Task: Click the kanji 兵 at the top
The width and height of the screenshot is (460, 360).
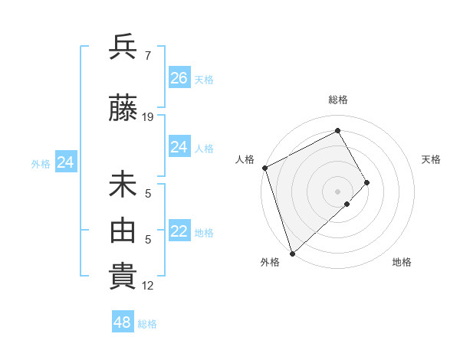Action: [x=123, y=47]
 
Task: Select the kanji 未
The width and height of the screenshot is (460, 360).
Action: [x=123, y=186]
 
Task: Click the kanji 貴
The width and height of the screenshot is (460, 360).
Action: [x=123, y=277]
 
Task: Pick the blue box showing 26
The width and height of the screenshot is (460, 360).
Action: [x=179, y=78]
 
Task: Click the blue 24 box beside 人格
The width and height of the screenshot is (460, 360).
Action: [x=179, y=147]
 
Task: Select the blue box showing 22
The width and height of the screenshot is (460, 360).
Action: [x=179, y=232]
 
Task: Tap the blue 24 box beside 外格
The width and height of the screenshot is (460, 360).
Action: [x=66, y=162]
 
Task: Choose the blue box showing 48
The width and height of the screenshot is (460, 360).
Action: [x=123, y=322]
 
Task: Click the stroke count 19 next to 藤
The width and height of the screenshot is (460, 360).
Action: [x=148, y=116]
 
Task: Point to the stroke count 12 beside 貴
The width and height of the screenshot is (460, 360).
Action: [x=148, y=286]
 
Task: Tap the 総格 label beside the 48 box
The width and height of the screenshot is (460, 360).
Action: [x=147, y=324]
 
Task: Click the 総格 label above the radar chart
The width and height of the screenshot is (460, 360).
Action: [x=337, y=100]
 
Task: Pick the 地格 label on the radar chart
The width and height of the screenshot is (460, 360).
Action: [x=402, y=262]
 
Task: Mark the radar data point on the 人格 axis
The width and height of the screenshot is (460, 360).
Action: [x=264, y=168]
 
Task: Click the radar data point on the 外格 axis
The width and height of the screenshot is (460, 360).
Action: [x=291, y=253]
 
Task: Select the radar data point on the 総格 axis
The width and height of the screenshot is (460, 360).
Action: [x=337, y=131]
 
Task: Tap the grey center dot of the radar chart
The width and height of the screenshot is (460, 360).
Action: [x=337, y=191]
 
